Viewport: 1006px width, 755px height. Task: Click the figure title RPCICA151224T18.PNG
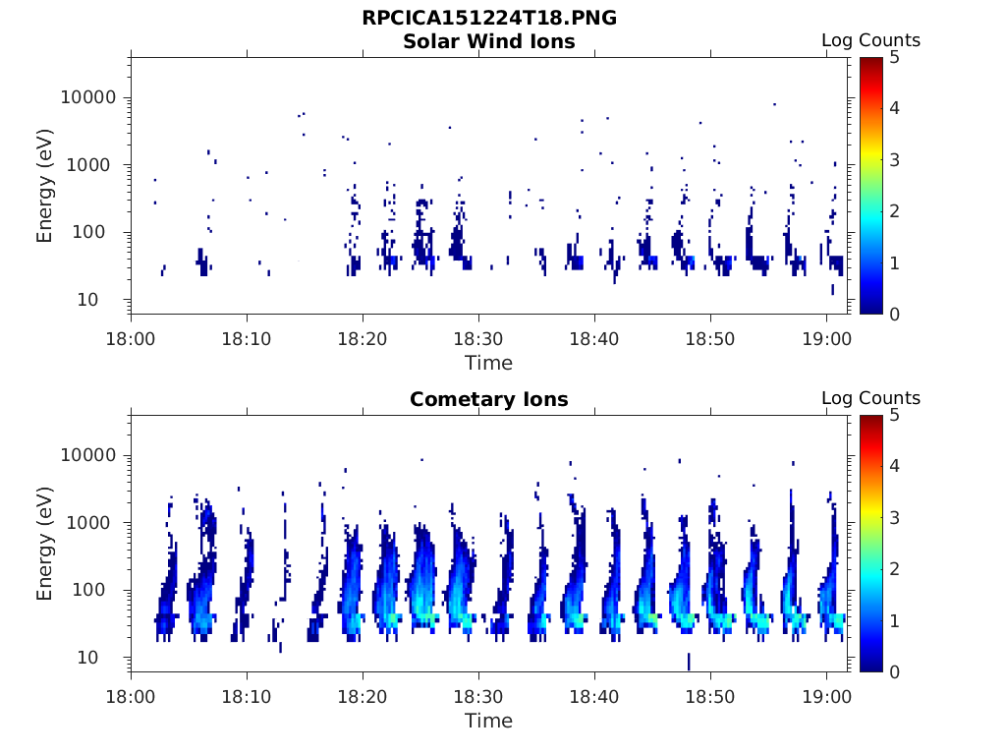[488, 18]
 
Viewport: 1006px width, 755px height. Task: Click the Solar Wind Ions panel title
[488, 41]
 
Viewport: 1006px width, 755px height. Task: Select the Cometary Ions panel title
[488, 399]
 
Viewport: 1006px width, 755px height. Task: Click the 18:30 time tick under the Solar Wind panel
[478, 339]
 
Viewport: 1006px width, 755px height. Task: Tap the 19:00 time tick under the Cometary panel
[826, 697]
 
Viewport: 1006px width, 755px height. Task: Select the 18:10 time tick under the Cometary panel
[247, 697]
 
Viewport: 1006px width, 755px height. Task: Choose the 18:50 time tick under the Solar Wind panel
[710, 339]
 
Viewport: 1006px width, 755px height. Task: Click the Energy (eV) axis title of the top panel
[45, 185]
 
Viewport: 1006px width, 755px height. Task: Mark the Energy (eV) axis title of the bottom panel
[45, 543]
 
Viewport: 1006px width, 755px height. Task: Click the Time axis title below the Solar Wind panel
[488, 363]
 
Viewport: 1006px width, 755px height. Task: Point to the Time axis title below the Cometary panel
[488, 721]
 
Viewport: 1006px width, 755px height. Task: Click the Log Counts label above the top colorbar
[870, 40]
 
